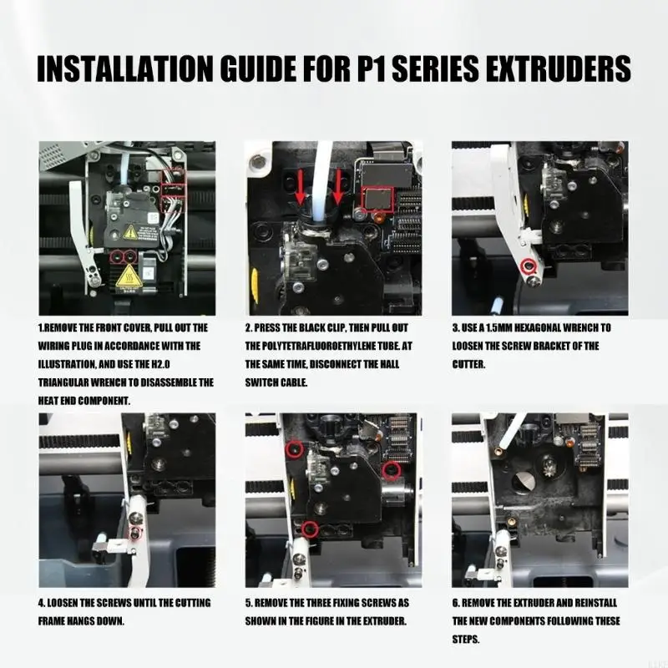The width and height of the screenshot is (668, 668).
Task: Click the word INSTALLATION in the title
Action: point(124,68)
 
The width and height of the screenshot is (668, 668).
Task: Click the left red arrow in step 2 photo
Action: point(301,186)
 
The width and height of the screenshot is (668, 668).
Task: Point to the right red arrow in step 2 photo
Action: point(338,186)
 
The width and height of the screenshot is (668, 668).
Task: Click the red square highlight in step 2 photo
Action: point(377,199)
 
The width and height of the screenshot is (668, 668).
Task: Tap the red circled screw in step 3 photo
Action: point(529,266)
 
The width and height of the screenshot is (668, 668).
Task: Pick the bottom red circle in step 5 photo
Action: point(310,529)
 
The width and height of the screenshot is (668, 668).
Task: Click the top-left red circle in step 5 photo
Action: point(295,448)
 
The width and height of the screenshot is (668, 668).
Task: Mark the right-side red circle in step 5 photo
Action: point(391,469)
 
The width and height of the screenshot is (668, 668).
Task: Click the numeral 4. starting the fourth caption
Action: point(42,603)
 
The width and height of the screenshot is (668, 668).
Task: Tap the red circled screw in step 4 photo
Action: point(135,532)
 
